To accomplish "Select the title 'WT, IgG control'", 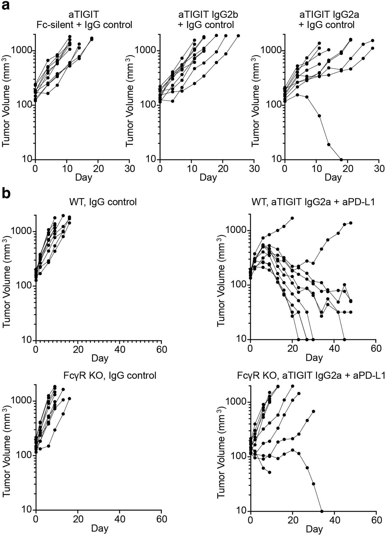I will (x=103, y=202).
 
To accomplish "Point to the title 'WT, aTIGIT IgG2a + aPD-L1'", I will (x=313, y=202).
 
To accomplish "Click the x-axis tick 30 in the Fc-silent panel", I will (x=129, y=168).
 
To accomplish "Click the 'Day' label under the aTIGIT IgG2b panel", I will (x=208, y=177).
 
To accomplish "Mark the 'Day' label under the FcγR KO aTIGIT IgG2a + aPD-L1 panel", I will (x=314, y=529).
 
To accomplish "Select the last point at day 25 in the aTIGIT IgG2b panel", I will (x=238, y=36).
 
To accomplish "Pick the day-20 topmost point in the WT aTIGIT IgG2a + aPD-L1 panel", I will (x=292, y=218).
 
